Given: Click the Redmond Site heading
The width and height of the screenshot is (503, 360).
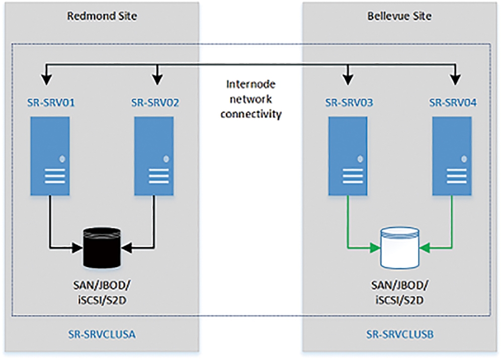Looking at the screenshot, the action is pos(102,16).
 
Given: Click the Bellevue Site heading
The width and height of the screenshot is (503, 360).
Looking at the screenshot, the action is pos(399,16).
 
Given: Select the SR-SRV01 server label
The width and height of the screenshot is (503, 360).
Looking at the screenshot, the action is pos(51,103).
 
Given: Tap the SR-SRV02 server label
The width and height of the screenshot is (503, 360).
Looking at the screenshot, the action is pos(155,103).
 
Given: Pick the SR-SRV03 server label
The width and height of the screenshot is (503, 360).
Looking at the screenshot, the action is pos(349,103).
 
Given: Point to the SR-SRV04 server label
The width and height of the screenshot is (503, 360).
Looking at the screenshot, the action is pos(453,103).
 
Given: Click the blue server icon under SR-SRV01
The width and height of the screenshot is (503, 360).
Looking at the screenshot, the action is pos(50,156).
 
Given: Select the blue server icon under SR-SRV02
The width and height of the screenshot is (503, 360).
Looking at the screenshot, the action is pos(154,156).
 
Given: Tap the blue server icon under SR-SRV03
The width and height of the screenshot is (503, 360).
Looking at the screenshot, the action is pos(348,156).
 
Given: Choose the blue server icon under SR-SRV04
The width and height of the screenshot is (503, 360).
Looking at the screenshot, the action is pos(452,156).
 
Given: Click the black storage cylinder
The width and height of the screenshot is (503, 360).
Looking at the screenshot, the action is pos(102,248).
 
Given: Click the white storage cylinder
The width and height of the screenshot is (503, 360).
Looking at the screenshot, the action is pos(400,248).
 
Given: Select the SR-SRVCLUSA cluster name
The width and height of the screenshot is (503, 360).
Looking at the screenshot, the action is pos(102,334).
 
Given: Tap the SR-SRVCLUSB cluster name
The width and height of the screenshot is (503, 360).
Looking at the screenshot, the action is pos(400,334).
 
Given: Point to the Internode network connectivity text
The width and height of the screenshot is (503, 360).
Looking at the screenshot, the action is pos(251,99).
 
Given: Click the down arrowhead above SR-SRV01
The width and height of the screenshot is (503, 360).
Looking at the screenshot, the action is pos(47,80).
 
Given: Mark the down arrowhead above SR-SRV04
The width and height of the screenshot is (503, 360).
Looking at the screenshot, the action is pos(456,80).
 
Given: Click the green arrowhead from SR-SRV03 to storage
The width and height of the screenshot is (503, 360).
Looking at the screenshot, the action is pos(375,248).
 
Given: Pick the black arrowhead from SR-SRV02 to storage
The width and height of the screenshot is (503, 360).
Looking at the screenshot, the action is pos(127,248).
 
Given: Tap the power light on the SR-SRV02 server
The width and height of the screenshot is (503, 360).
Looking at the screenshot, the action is pos(166,159).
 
